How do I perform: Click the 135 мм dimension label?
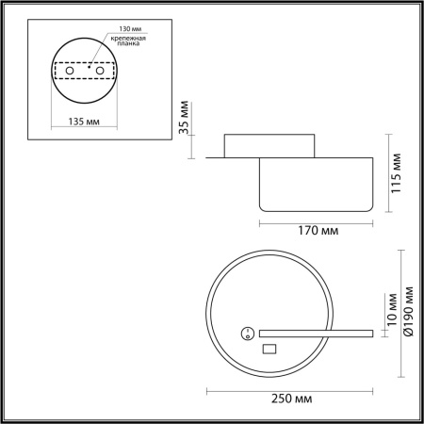[84, 122]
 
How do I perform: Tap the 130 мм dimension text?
[130, 28]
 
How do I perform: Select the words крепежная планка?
[128, 41]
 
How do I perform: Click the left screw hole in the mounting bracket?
[70, 71]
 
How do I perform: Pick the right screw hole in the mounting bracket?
[100, 71]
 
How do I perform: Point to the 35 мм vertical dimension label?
[184, 118]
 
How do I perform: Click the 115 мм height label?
[396, 173]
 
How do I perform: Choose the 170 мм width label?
[318, 231]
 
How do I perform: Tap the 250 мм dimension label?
[292, 399]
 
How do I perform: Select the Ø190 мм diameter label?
[409, 311]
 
